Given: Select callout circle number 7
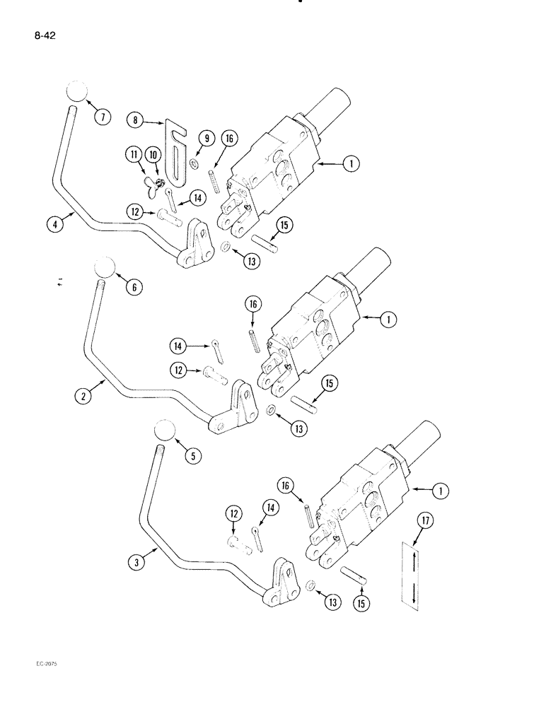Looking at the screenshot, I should click(x=103, y=117).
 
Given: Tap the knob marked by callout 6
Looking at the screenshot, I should click(x=103, y=267).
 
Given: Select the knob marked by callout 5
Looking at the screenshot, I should click(x=164, y=431).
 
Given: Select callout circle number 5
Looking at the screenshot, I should click(x=190, y=456).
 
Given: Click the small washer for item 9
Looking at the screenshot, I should click(x=192, y=163).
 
